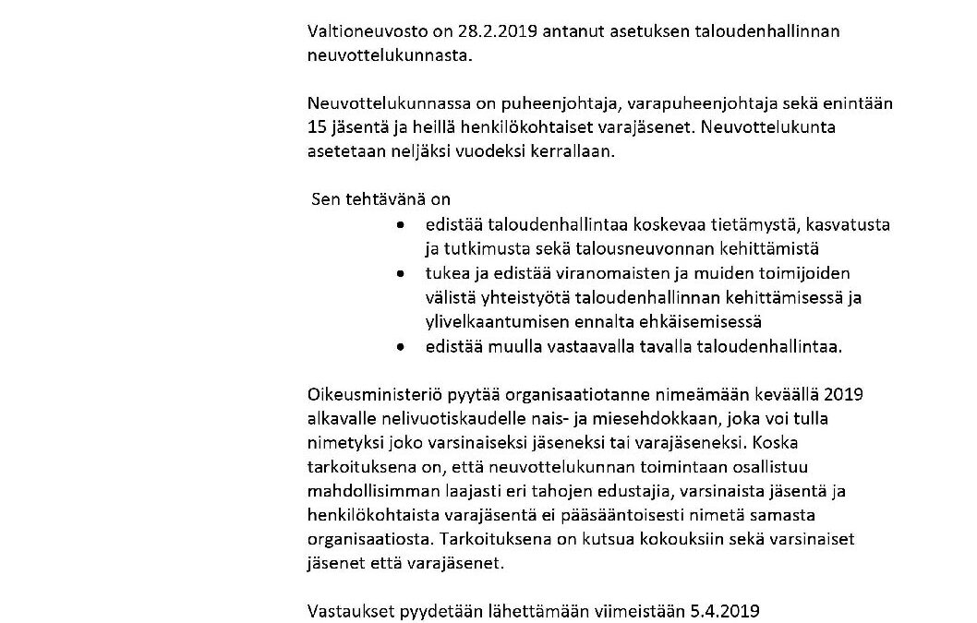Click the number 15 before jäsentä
(x=317, y=126)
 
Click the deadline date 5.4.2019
(x=730, y=610)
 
